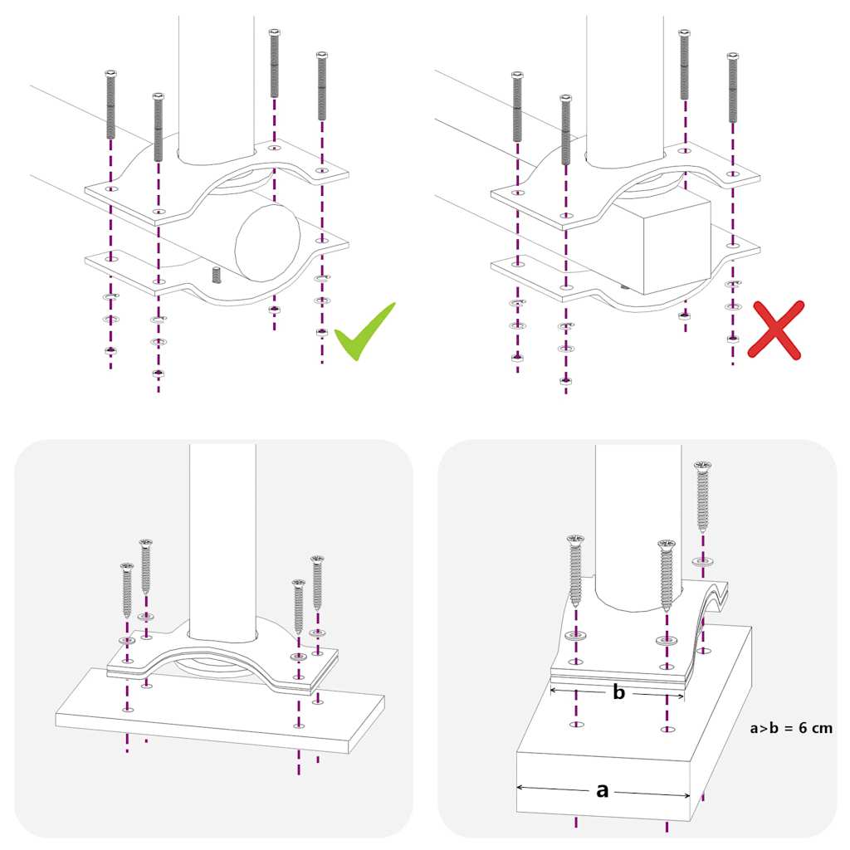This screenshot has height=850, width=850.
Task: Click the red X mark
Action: [x=775, y=330]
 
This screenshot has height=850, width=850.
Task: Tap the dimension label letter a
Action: [x=603, y=790]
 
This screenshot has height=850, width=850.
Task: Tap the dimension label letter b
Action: [x=618, y=693]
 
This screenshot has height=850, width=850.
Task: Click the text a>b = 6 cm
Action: [x=790, y=728]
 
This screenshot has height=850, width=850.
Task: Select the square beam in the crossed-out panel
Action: [x=664, y=245]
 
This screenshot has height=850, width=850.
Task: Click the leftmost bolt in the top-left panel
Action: [x=110, y=105]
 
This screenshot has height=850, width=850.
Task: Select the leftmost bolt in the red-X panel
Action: [x=517, y=105]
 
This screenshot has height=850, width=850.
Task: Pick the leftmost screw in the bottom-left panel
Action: [x=127, y=589]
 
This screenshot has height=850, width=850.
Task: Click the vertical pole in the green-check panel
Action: [x=216, y=83]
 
